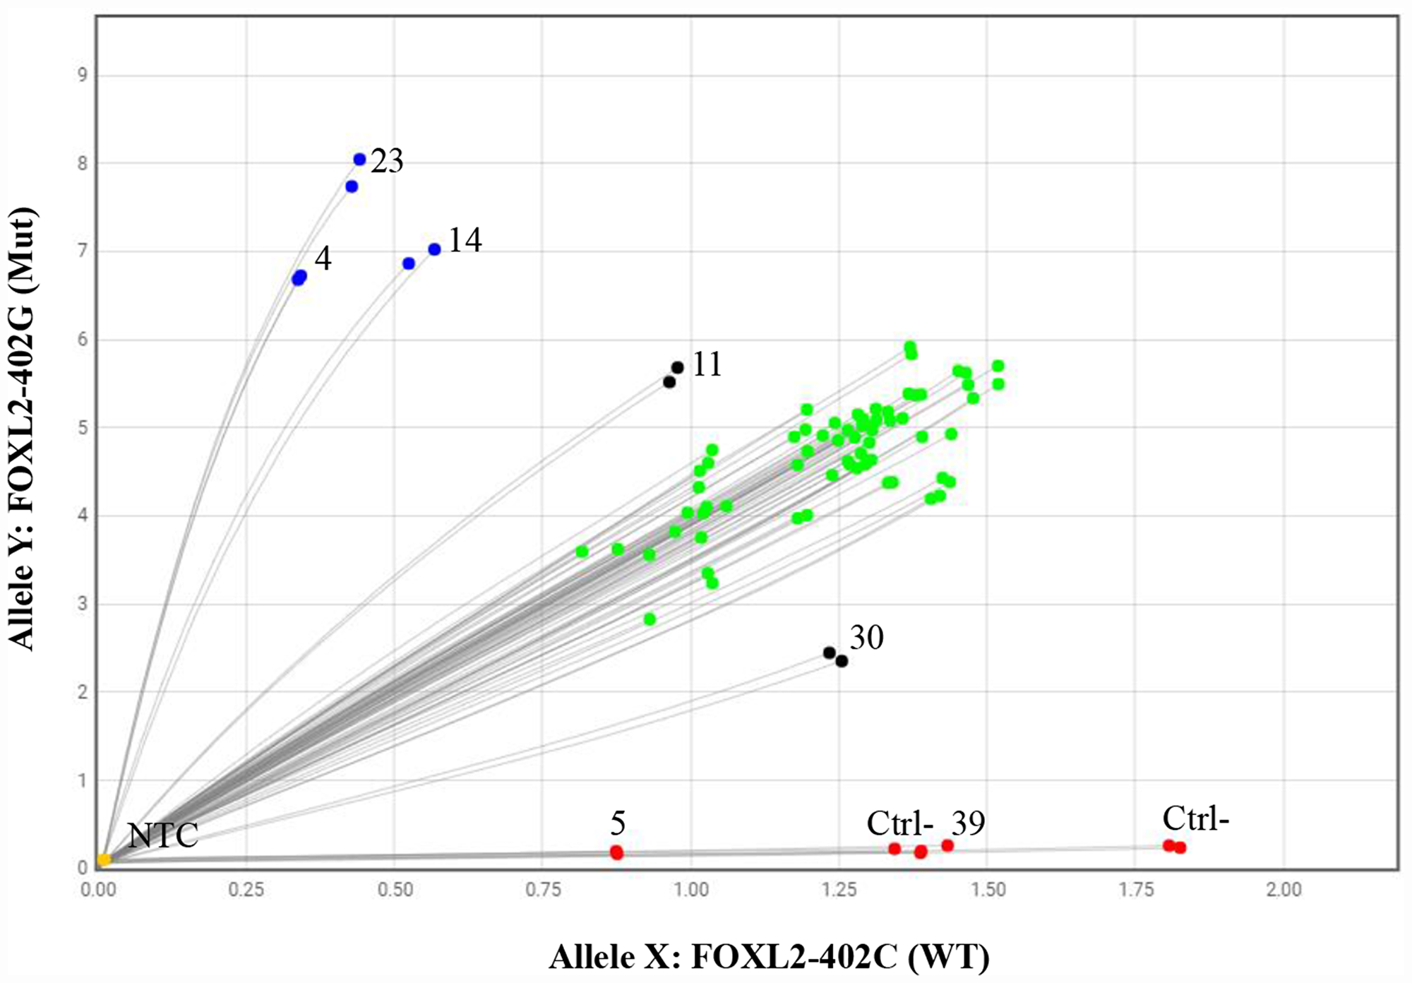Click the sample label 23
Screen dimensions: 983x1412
(x=387, y=162)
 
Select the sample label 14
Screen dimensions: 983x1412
(x=465, y=241)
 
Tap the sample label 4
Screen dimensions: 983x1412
(x=323, y=259)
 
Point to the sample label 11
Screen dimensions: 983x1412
(x=707, y=365)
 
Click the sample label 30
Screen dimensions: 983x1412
(x=866, y=638)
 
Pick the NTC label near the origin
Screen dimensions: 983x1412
(x=162, y=836)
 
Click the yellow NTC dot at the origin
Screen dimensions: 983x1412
(x=104, y=859)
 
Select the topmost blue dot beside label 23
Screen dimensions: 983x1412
(x=359, y=160)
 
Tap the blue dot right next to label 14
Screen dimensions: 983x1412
(x=434, y=249)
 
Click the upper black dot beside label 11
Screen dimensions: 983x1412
(x=678, y=367)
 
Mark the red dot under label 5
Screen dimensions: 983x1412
(x=616, y=852)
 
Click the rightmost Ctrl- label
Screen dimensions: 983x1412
(x=1195, y=819)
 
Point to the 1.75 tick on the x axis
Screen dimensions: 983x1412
(x=1135, y=890)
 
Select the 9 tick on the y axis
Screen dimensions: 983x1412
(x=83, y=75)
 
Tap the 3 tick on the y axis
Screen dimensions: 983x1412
(x=83, y=604)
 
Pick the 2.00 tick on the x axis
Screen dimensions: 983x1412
(x=1284, y=890)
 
